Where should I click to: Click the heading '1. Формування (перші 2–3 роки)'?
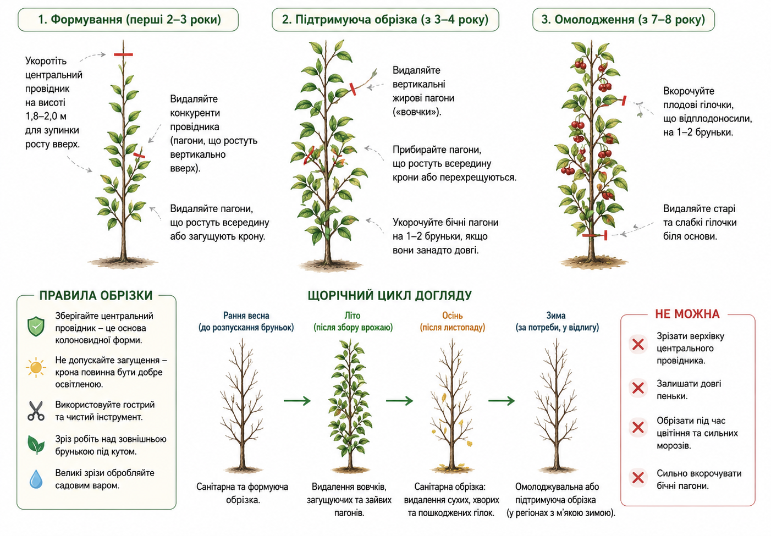(x=129, y=20)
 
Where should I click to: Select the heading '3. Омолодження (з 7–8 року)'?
(x=623, y=20)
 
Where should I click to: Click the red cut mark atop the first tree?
(x=123, y=54)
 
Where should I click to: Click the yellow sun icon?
(x=36, y=367)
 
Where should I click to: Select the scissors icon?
(x=36, y=411)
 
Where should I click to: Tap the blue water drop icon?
(x=36, y=479)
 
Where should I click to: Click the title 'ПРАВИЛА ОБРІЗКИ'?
(x=96, y=296)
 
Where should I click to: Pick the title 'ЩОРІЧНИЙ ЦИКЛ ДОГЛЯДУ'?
(x=390, y=296)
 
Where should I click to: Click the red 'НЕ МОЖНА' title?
(x=687, y=314)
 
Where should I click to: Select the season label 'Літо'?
(x=353, y=316)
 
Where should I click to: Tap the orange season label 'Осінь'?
(x=452, y=316)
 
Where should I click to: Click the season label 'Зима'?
(x=556, y=316)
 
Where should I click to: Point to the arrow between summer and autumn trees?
(x=399, y=401)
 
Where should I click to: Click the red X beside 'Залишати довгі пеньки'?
(x=638, y=388)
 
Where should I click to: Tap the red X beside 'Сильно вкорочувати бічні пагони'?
(x=638, y=478)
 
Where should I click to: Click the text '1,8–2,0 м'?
(x=46, y=117)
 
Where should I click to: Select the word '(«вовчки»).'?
(x=417, y=112)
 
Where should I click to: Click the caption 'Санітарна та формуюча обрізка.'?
(x=243, y=493)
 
